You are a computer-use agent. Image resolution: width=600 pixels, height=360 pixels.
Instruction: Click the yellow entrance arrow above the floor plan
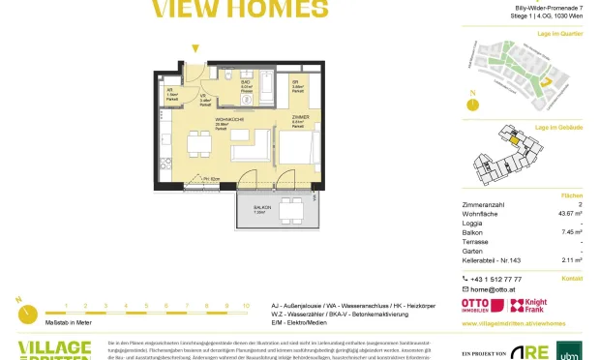(195, 48)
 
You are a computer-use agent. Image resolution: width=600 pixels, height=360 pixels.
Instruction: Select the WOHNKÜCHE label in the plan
(200, 122)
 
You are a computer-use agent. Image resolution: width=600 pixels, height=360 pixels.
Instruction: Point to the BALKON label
(259, 209)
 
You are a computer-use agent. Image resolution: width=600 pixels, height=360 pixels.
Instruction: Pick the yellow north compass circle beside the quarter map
(472, 103)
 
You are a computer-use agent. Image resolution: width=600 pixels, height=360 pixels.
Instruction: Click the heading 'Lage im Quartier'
(558, 34)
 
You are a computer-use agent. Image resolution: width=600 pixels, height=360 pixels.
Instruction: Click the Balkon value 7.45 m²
(570, 232)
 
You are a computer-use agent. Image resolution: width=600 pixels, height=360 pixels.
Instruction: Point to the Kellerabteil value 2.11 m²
(570, 260)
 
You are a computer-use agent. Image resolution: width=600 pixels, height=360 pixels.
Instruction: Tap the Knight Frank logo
(535, 306)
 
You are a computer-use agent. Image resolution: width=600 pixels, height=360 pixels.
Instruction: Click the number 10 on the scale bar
(246, 305)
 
